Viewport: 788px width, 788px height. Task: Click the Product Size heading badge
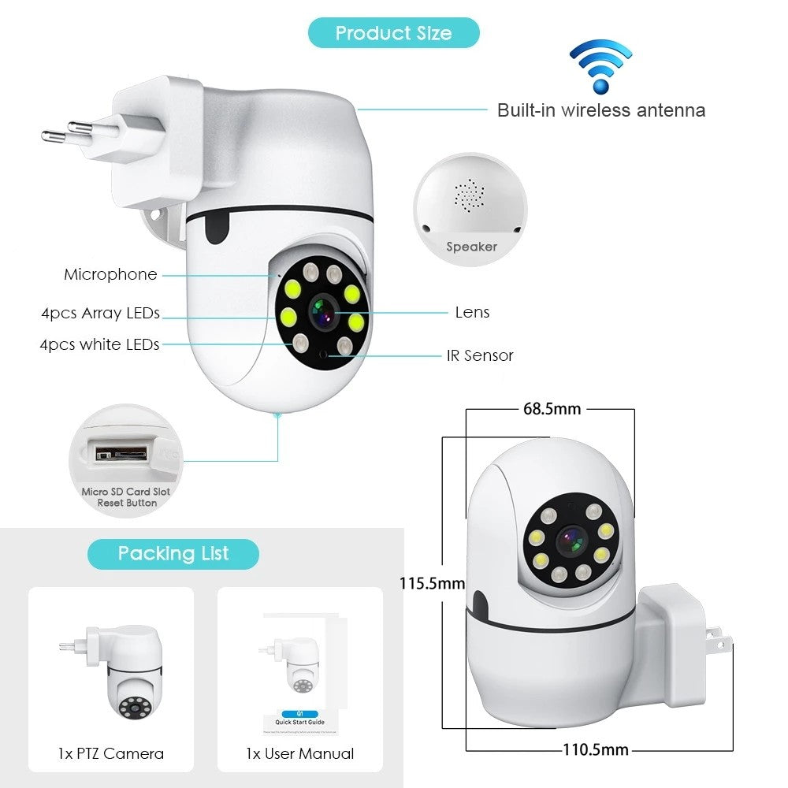pyautogui.click(x=393, y=33)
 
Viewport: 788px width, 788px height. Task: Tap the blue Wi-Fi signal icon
pyautogui.click(x=600, y=67)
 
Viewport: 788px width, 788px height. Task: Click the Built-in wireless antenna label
pyautogui.click(x=600, y=110)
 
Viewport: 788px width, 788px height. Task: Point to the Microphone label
pyautogui.click(x=110, y=274)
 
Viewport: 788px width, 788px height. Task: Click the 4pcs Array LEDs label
pyautogui.click(x=100, y=313)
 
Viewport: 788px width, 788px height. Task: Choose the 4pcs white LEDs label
pyautogui.click(x=99, y=344)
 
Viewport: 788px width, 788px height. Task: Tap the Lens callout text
pyautogui.click(x=472, y=312)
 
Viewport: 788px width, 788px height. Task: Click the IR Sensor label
pyautogui.click(x=480, y=355)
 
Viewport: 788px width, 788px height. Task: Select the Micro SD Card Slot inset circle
pyautogui.click(x=126, y=459)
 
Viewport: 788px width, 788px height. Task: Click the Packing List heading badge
pyautogui.click(x=173, y=553)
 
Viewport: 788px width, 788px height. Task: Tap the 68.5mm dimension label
pyautogui.click(x=552, y=408)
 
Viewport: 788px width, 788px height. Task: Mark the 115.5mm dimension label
pyautogui.click(x=432, y=584)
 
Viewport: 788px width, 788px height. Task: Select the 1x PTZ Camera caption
pyautogui.click(x=111, y=753)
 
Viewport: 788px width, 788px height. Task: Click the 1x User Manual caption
pyautogui.click(x=299, y=753)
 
